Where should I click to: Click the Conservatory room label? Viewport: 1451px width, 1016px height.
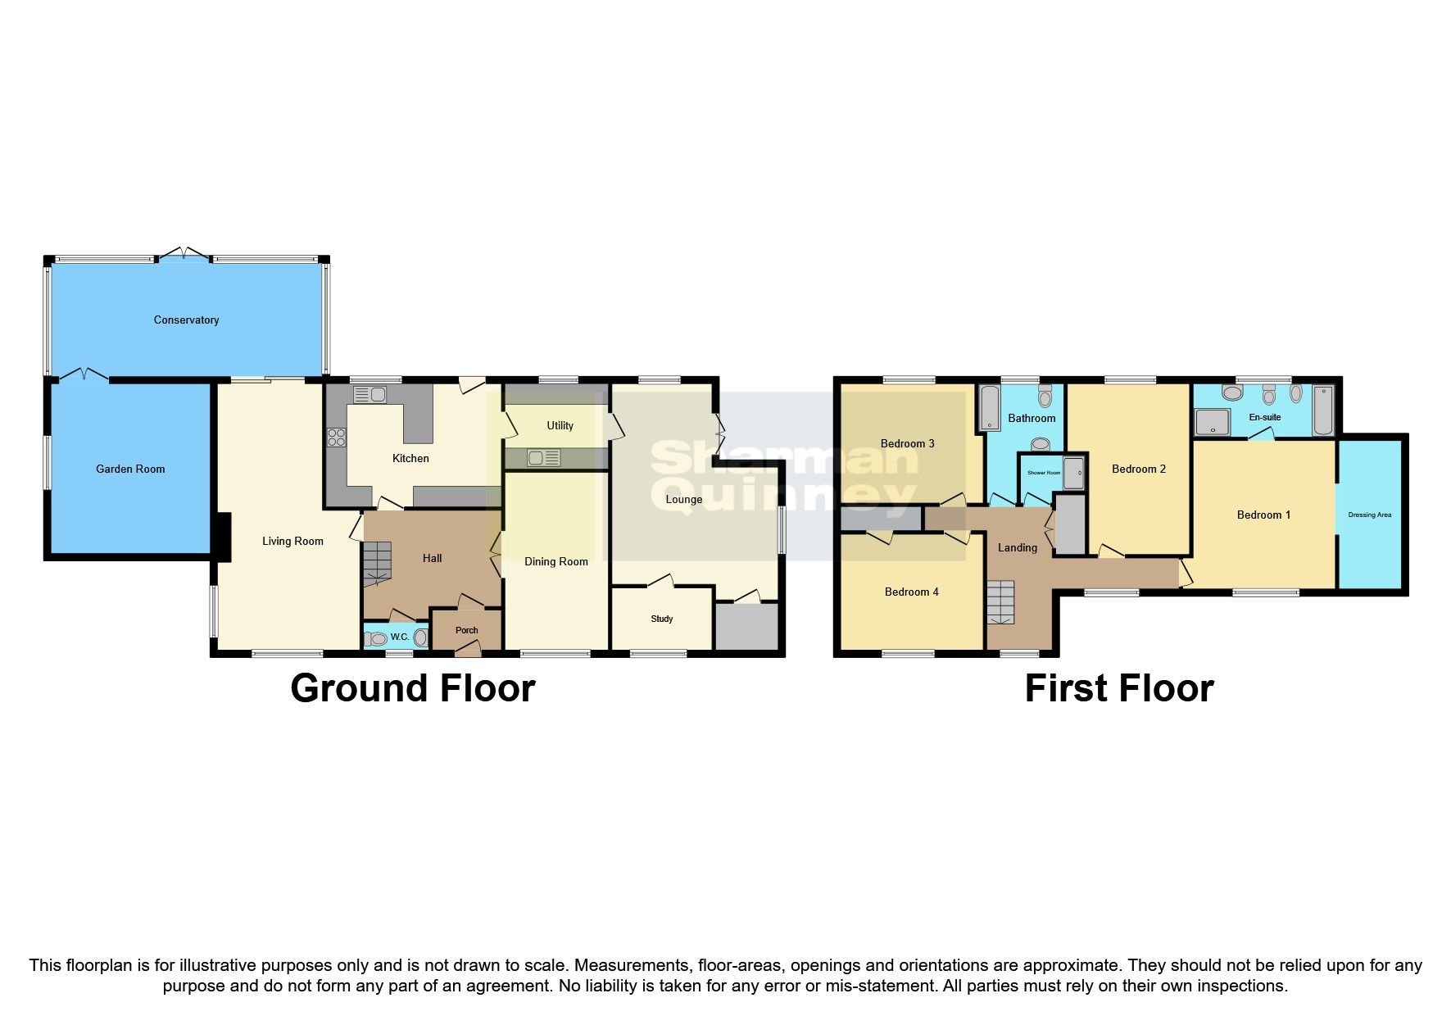click(186, 320)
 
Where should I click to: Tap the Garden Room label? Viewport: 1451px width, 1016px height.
click(130, 469)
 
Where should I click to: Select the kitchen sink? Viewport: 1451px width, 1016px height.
click(370, 395)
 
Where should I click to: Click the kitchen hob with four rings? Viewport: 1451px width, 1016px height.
click(336, 438)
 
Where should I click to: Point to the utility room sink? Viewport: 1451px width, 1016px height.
click(543, 458)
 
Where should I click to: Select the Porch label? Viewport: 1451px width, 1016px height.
click(466, 630)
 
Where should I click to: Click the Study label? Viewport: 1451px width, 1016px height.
click(661, 619)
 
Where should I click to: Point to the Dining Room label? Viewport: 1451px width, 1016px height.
click(555, 561)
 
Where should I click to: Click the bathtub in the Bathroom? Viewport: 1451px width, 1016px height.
click(990, 408)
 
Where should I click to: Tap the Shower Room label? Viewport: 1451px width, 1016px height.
click(1043, 473)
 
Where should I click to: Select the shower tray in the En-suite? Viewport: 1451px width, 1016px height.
click(1208, 423)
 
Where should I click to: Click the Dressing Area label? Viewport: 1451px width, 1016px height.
click(1369, 515)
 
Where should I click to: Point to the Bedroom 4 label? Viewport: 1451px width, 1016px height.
click(911, 592)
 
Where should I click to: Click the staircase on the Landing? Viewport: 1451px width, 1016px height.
click(1000, 603)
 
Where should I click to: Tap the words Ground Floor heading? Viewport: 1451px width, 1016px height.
click(412, 688)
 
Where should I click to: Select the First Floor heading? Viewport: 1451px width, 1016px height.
click(1118, 688)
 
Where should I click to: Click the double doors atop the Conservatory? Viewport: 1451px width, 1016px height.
click(184, 254)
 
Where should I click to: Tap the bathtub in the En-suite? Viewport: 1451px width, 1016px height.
click(1322, 410)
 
